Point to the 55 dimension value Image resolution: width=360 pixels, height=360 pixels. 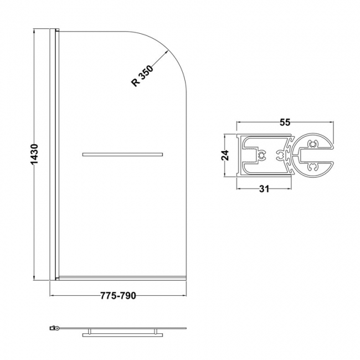point(285,123)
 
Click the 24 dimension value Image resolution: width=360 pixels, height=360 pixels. point(225,156)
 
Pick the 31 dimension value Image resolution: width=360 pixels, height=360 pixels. point(264,189)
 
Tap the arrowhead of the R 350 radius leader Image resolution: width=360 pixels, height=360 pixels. point(167,52)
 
